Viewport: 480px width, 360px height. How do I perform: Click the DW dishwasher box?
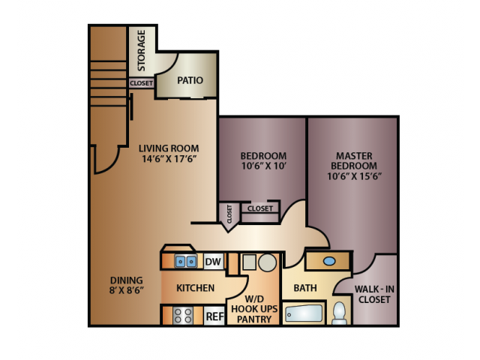[x=212, y=262]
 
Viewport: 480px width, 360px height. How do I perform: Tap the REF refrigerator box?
[x=214, y=316]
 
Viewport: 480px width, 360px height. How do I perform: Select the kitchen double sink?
[x=185, y=262]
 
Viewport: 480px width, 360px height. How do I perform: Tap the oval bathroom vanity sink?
[x=328, y=261]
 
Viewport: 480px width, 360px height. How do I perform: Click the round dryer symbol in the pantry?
[x=267, y=262]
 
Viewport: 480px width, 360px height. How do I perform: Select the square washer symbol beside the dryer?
[x=247, y=263]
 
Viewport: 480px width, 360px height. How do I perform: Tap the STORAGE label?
[x=141, y=49]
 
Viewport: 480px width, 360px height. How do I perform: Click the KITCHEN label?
[x=195, y=288]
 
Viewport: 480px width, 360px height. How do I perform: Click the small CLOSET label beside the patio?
[x=140, y=83]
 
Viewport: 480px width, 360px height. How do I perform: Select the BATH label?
[x=305, y=288]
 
